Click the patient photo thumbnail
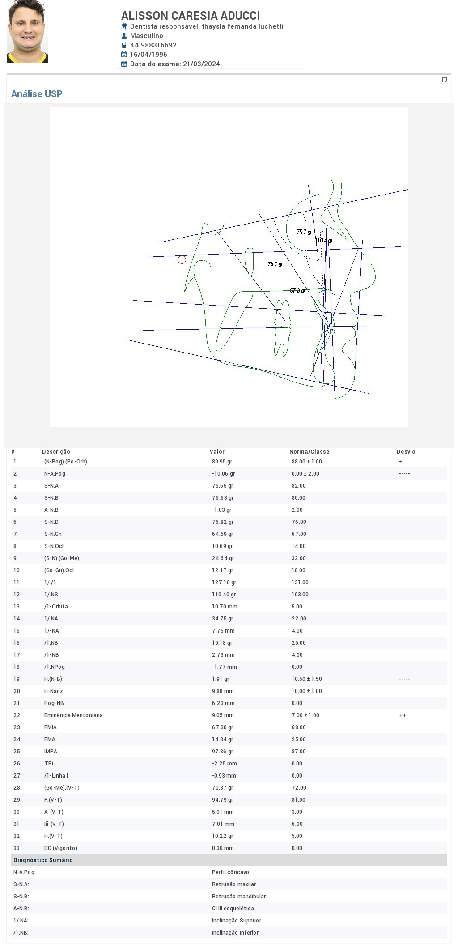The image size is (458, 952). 27,31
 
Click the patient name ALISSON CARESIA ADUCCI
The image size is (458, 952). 191,16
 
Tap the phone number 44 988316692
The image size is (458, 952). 153,45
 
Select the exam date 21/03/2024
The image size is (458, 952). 201,64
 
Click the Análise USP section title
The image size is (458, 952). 37,94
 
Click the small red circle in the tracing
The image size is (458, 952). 182,259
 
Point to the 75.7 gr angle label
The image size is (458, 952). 304,232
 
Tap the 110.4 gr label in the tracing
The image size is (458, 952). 323,240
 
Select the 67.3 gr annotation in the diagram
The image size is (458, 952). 297,290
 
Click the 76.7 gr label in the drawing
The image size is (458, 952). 275,264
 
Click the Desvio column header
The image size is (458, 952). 406,452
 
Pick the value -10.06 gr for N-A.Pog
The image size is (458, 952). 223,474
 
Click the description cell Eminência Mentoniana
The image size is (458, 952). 73,715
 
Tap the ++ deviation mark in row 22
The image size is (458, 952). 403,715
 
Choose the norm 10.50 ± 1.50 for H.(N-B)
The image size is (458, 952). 307,679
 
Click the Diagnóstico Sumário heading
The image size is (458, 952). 43,860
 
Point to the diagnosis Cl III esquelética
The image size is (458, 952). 233,909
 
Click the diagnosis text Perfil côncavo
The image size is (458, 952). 230,872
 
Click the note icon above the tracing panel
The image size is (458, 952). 445,80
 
